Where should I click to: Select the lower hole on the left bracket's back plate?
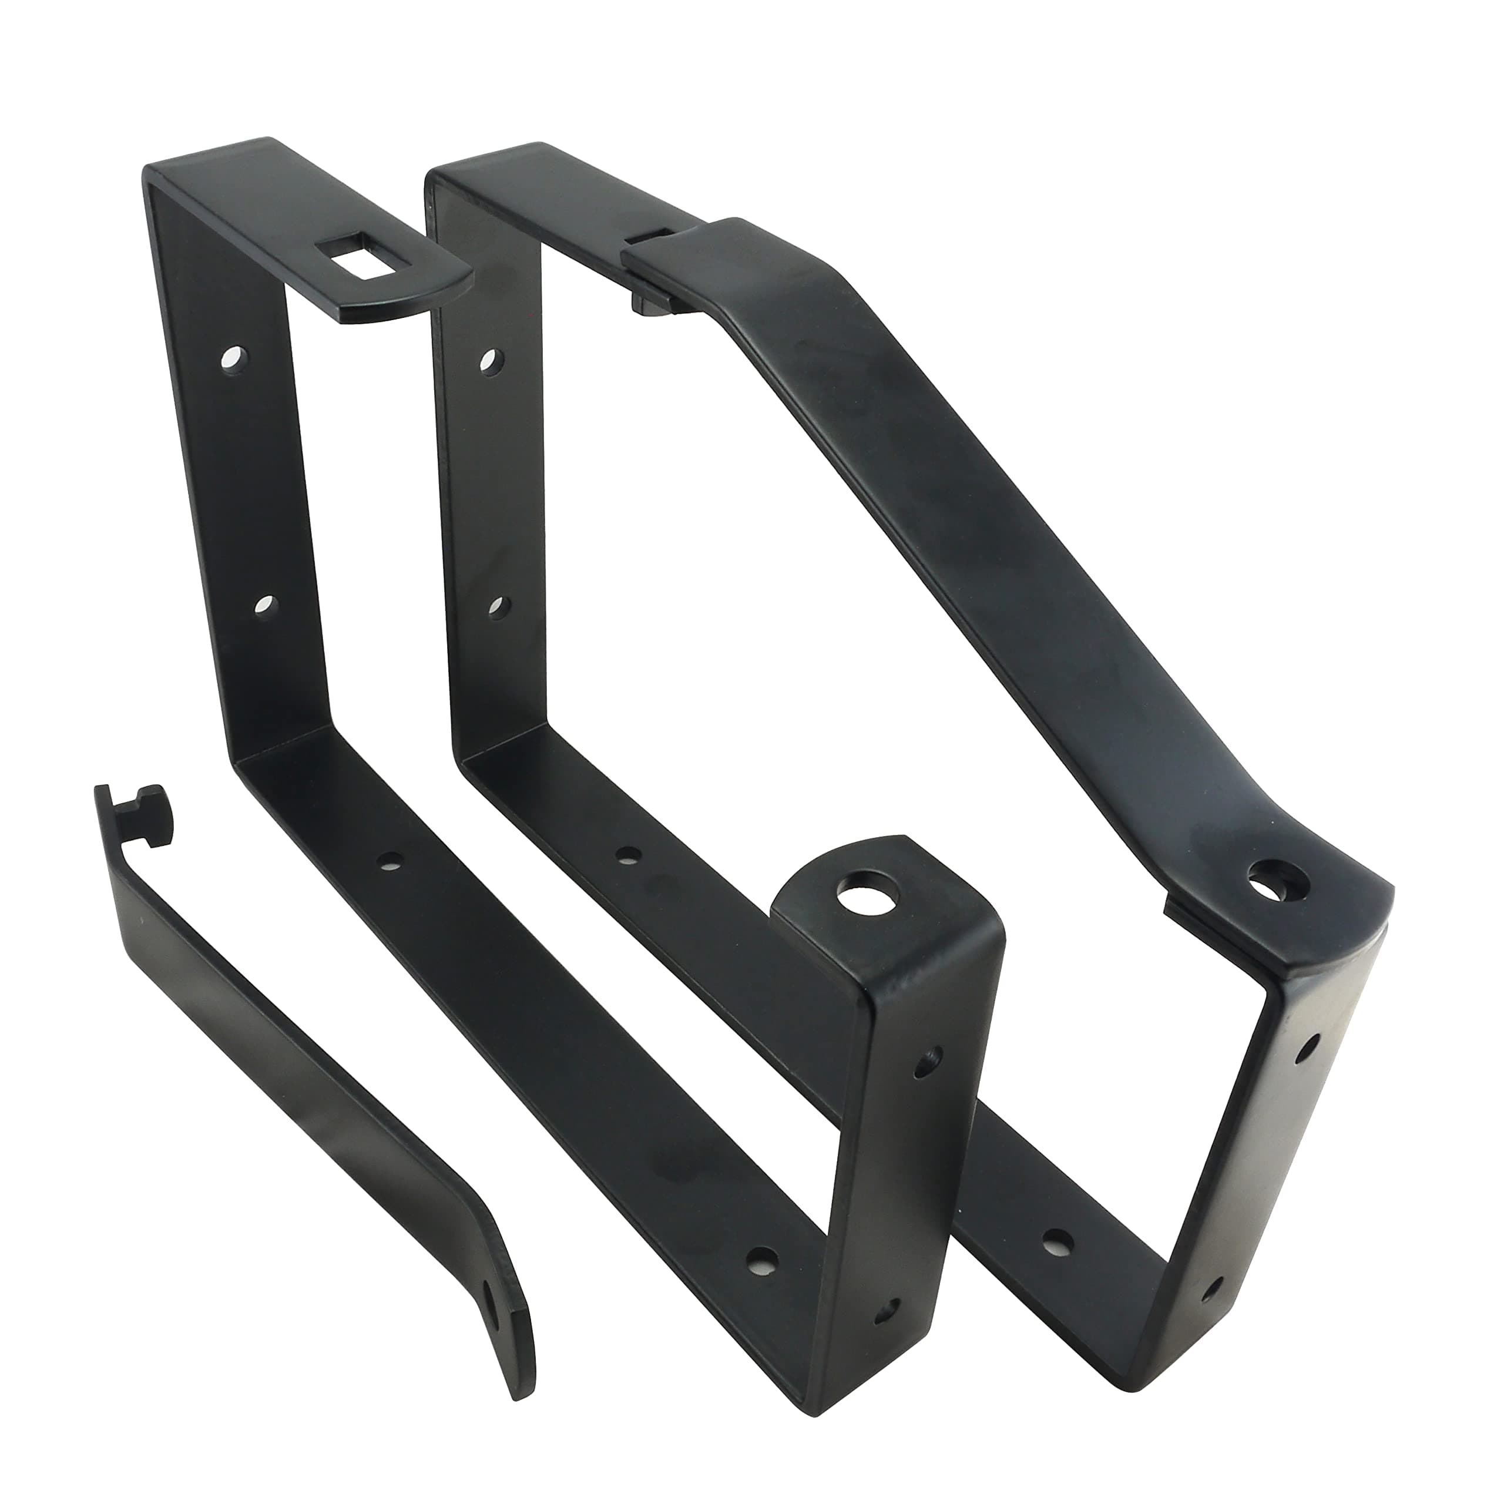266,605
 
